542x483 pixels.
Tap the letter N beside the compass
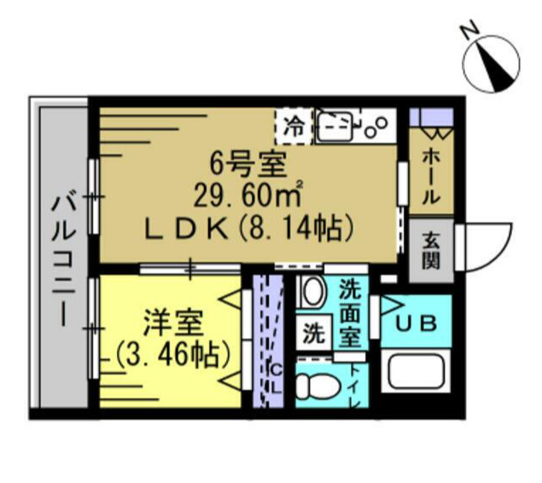469,32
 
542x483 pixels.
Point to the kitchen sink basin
337,127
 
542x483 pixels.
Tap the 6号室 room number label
248,161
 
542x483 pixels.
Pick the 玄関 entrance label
430,251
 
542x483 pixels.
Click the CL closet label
276,375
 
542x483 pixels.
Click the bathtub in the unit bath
417,372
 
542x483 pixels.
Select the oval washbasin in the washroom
312,293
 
